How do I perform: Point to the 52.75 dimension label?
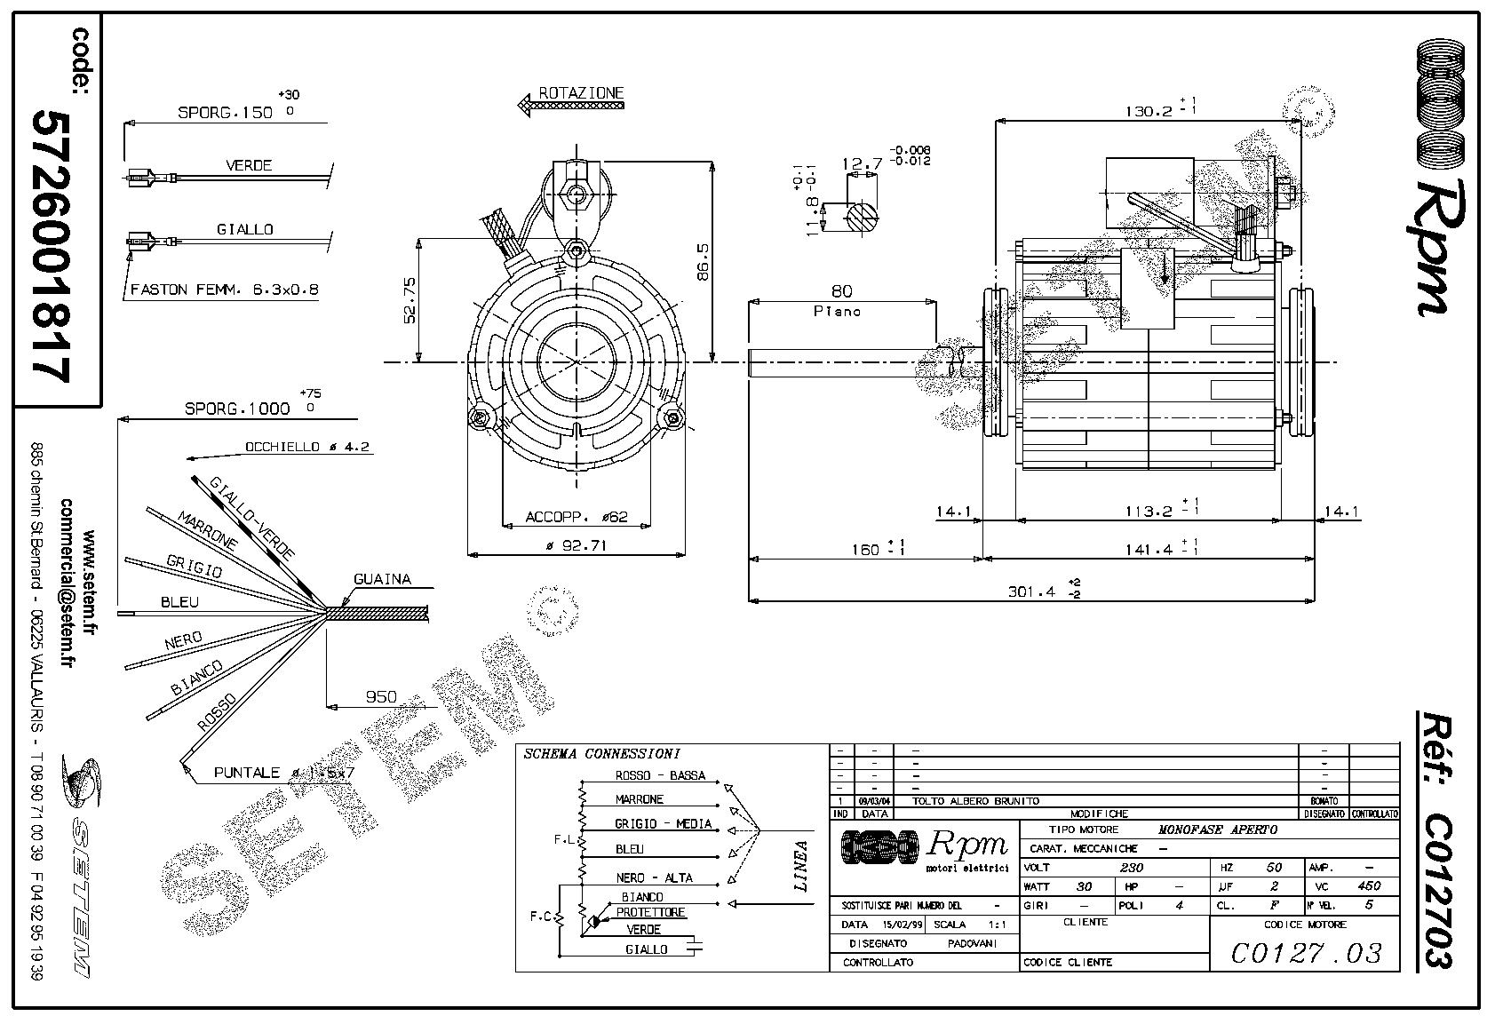coord(410,299)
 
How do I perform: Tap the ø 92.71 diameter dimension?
coord(577,545)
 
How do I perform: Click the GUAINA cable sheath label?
coord(382,579)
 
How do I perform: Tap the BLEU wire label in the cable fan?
coord(179,602)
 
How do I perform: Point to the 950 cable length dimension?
coord(381,697)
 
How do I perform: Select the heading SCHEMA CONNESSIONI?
coord(601,754)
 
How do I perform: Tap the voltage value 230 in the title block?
coord(1131,867)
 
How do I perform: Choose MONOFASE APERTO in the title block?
coord(1218,830)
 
